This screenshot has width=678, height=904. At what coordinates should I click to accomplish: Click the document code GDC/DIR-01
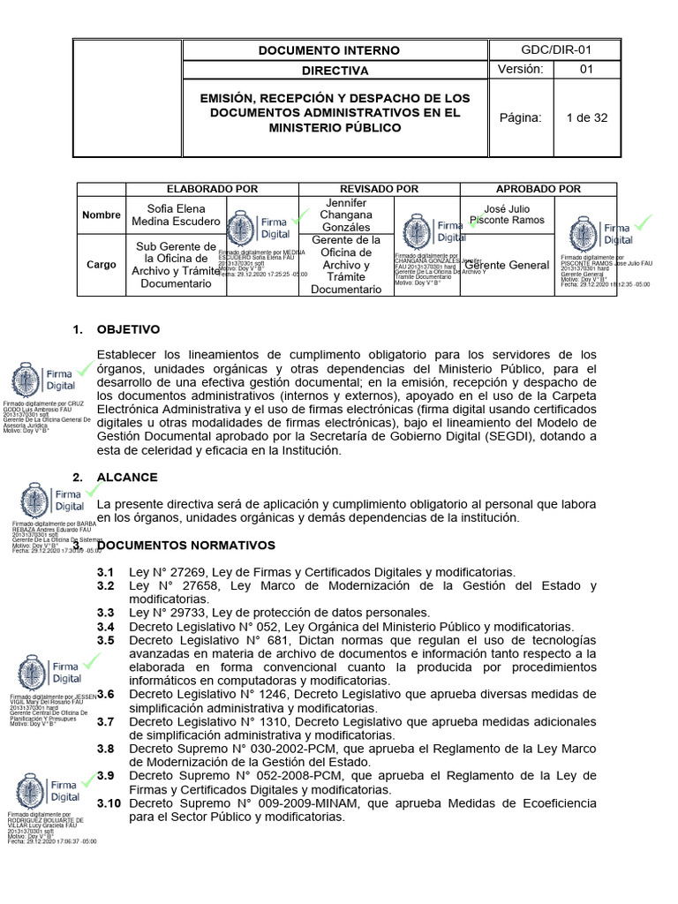point(555,49)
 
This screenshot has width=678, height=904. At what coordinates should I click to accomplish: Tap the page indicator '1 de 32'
point(586,117)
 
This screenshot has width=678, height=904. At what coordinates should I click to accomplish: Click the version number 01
point(586,71)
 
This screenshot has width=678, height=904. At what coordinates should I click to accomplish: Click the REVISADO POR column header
point(380,189)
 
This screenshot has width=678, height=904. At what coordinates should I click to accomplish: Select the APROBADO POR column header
point(539,189)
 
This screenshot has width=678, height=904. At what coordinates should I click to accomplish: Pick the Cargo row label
point(100,264)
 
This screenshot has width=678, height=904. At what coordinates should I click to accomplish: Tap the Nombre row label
point(101,215)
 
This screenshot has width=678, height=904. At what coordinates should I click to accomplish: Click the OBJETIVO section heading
point(129,329)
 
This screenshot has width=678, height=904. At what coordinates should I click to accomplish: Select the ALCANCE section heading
point(127,477)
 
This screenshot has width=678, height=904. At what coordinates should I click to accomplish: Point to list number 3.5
point(106,640)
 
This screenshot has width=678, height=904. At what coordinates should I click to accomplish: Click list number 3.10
point(109,803)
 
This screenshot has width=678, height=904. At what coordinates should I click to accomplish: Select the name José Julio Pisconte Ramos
point(508,214)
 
